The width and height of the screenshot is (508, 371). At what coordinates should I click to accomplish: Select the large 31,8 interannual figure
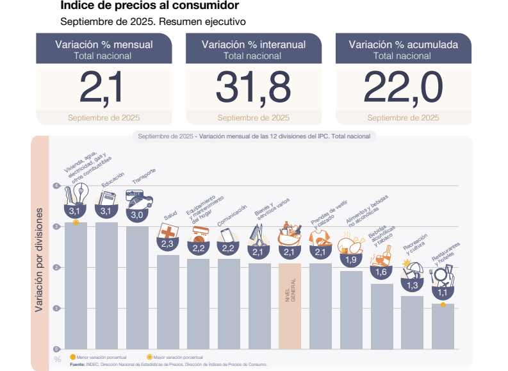point(253,87)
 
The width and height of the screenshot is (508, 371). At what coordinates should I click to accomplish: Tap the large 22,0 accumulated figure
point(403,87)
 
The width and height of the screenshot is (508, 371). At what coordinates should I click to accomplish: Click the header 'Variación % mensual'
point(103,45)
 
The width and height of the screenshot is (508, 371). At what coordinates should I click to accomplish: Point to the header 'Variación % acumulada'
point(403,45)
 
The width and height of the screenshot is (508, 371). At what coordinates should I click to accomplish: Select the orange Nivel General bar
point(290,306)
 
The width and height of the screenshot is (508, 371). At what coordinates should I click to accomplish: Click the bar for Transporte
point(137,287)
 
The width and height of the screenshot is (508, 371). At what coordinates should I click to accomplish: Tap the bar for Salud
point(168,301)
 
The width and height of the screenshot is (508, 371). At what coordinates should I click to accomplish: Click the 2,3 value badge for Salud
point(168,244)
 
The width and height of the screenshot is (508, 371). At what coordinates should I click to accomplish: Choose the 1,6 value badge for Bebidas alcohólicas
point(382,272)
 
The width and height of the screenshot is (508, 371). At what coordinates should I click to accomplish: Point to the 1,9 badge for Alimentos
point(351,260)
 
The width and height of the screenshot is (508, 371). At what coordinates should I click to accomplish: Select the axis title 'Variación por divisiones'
point(39,260)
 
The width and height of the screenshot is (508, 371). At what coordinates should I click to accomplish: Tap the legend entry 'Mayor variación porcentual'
point(177,357)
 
